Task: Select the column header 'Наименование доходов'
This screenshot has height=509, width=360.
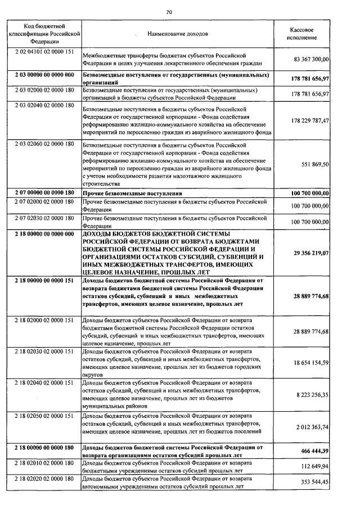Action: click(x=177, y=34)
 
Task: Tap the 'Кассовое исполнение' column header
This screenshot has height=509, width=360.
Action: click(x=301, y=33)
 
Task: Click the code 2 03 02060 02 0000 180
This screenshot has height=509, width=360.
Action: click(x=44, y=144)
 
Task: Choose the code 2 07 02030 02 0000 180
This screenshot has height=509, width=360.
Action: click(x=44, y=217)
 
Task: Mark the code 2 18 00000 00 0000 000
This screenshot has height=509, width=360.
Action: click(x=44, y=233)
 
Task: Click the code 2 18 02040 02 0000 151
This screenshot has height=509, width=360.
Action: click(x=44, y=382)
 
